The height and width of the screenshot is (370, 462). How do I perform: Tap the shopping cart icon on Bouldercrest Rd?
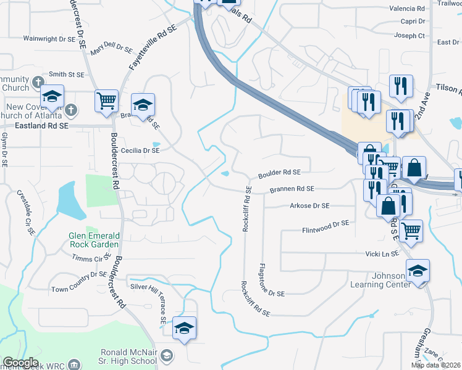click(106, 101)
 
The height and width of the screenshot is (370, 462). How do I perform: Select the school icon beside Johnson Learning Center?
click(418, 271)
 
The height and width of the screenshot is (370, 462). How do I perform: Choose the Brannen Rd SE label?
click(292, 189)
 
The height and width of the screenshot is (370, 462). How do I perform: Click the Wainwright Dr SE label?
click(49, 38)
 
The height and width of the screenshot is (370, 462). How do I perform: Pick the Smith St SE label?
click(66, 74)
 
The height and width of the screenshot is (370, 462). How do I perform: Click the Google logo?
click(21, 363)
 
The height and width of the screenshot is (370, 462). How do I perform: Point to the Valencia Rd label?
click(407, 9)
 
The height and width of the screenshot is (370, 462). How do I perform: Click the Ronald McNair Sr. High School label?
click(128, 357)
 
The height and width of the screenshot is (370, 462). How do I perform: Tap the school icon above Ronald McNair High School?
click(184, 329)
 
